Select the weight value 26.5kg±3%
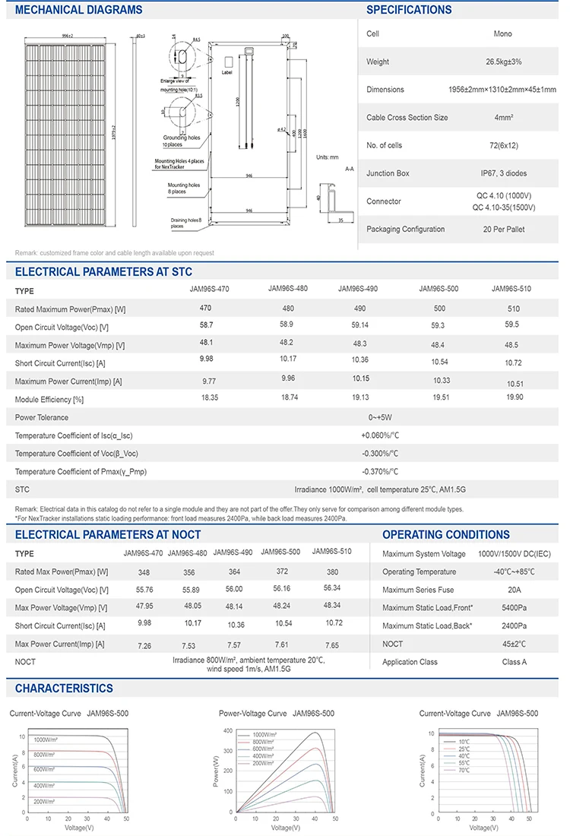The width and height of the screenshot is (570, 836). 503,62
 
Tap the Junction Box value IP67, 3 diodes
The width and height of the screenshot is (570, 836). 503,173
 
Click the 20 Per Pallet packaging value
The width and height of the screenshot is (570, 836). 503,229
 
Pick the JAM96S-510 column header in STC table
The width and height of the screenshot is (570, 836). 511,289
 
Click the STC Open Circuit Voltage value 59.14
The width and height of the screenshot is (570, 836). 354,325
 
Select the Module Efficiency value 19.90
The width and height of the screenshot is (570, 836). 514,397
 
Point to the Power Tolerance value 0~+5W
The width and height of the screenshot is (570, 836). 380,417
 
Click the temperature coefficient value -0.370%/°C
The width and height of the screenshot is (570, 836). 380,471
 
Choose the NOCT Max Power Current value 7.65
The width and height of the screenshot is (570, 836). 331,644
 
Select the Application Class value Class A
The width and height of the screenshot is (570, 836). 514,662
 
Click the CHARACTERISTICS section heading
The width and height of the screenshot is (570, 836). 64,688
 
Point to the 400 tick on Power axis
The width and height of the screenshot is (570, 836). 228,731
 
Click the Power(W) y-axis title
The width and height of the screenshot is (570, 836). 217,771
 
